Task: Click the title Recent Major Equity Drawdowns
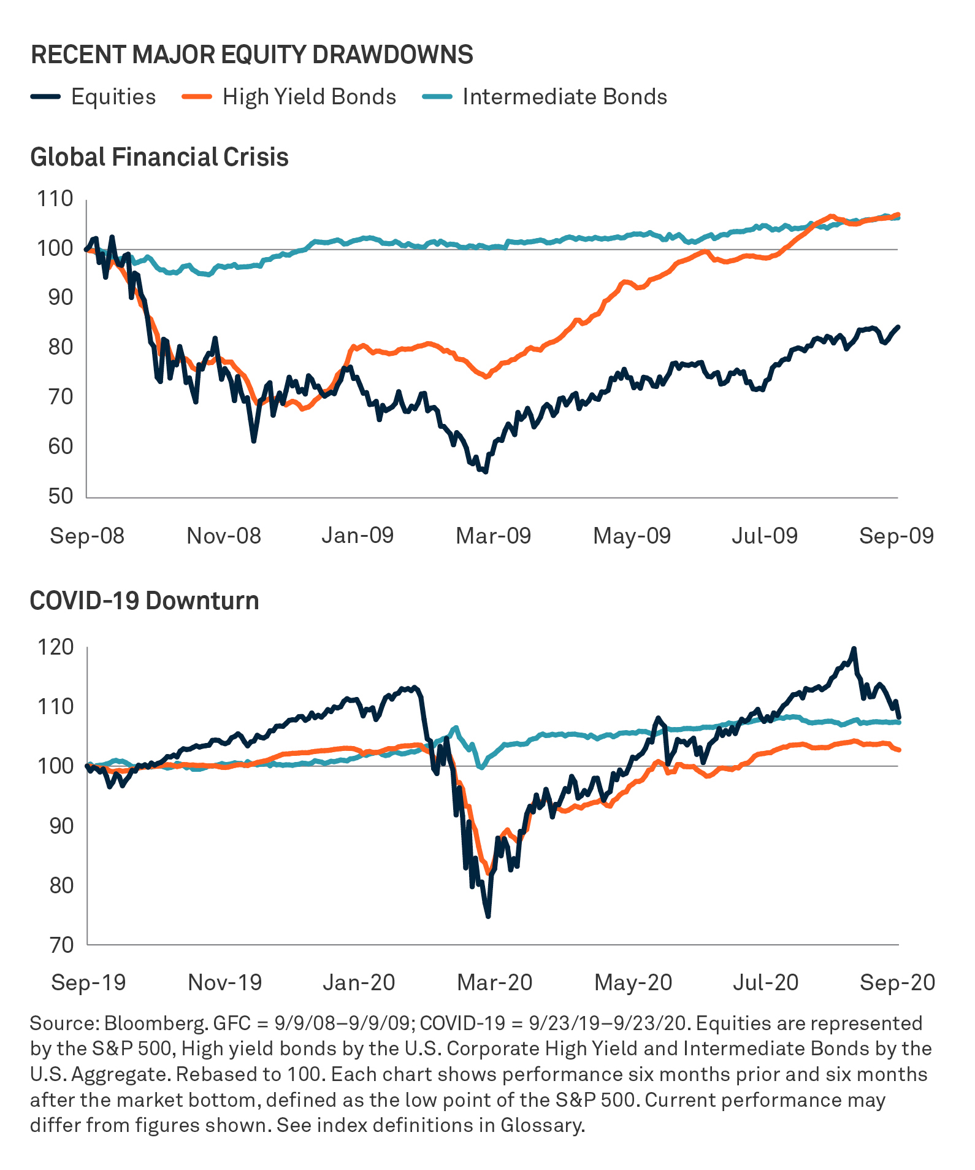(252, 55)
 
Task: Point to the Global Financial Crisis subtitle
(159, 157)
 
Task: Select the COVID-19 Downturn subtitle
(145, 600)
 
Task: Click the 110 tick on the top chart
(55, 199)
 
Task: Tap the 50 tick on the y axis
(60, 496)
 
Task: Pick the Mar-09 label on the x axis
(493, 536)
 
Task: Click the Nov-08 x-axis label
(224, 536)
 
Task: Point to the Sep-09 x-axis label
(896, 536)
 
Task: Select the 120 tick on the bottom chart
(55, 647)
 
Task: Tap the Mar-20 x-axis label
(495, 982)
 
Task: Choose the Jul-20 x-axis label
(765, 982)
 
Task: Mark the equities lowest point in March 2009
(486, 472)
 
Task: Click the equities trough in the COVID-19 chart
(488, 917)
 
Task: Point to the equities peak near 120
(854, 649)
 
